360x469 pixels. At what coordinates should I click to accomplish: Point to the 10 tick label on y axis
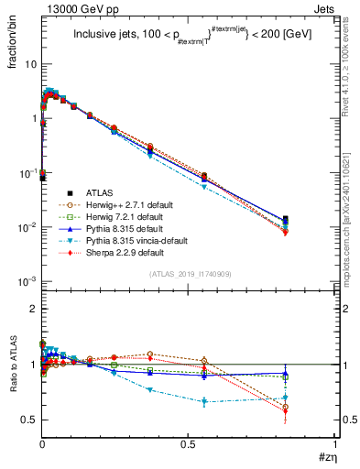[30, 64]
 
